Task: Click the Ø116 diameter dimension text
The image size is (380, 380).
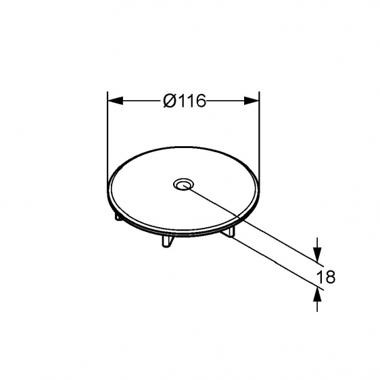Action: pos(185,101)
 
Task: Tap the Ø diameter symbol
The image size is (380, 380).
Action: pos(170,101)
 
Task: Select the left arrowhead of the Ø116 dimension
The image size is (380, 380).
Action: pos(115,101)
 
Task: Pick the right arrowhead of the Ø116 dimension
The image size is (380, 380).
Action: pos(252,101)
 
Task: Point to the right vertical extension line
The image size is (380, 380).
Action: pos(260,136)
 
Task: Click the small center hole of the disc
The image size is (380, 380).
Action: pos(183,185)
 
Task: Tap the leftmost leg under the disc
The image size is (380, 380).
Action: pos(118,216)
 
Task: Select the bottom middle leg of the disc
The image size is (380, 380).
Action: pos(168,241)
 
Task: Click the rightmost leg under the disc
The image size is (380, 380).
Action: pos(229,231)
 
